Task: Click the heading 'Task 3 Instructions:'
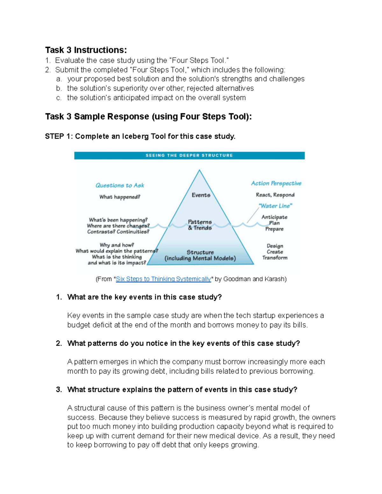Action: [x=86, y=50]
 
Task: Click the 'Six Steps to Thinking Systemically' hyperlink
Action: [x=163, y=279]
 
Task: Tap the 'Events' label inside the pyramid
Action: [x=201, y=195]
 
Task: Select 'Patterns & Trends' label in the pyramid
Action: [x=200, y=225]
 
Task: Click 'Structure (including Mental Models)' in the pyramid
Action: [x=200, y=255]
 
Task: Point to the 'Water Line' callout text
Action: [x=275, y=206]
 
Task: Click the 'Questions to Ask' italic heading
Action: [x=120, y=185]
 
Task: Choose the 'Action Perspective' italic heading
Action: [x=276, y=183]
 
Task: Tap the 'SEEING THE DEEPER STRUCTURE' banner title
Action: [x=189, y=155]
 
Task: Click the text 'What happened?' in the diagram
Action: [x=120, y=197]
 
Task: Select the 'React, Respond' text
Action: [x=275, y=195]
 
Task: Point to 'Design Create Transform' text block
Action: [x=275, y=252]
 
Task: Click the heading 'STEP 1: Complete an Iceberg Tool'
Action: [x=140, y=136]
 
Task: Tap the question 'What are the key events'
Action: [x=144, y=297]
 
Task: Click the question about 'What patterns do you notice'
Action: [x=183, y=343]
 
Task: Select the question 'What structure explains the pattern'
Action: [x=182, y=390]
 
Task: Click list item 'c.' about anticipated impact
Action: [x=156, y=98]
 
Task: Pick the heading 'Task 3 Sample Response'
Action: [x=148, y=116]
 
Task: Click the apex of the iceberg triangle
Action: [x=200, y=170]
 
